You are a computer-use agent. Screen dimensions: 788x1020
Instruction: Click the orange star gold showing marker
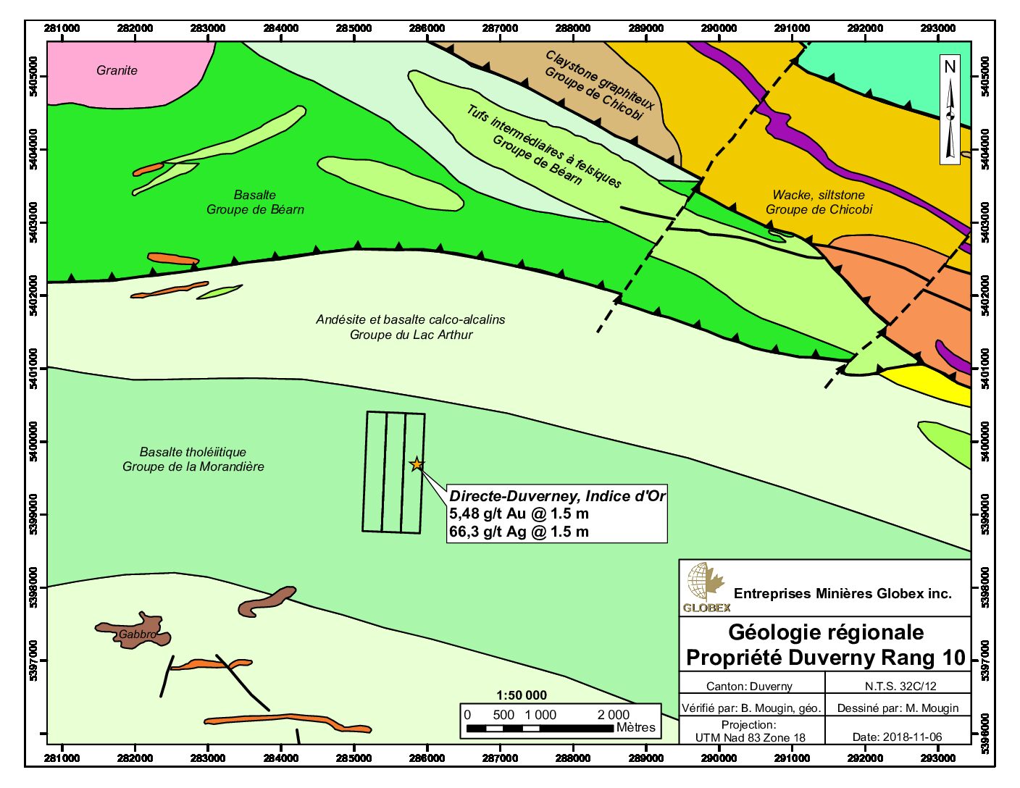(x=417, y=464)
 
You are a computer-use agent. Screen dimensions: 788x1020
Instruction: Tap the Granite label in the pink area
(x=117, y=70)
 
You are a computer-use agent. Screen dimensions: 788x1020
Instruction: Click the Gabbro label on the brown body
(x=137, y=634)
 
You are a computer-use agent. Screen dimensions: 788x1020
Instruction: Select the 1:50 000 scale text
(x=521, y=695)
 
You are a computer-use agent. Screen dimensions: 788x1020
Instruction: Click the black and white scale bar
(x=540, y=728)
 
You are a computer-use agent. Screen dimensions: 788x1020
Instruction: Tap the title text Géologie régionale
(x=825, y=632)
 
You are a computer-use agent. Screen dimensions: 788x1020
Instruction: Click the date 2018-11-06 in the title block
(x=898, y=737)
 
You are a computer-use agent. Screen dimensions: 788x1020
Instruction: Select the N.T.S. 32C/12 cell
(x=900, y=685)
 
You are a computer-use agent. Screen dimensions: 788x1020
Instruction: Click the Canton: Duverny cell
(x=749, y=686)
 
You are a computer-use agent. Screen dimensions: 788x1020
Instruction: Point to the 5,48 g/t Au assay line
(x=519, y=514)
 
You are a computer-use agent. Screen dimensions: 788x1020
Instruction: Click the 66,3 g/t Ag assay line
(x=519, y=532)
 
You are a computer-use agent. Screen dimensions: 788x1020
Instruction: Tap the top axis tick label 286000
(x=427, y=28)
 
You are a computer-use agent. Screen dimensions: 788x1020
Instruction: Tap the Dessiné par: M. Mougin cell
(x=898, y=708)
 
